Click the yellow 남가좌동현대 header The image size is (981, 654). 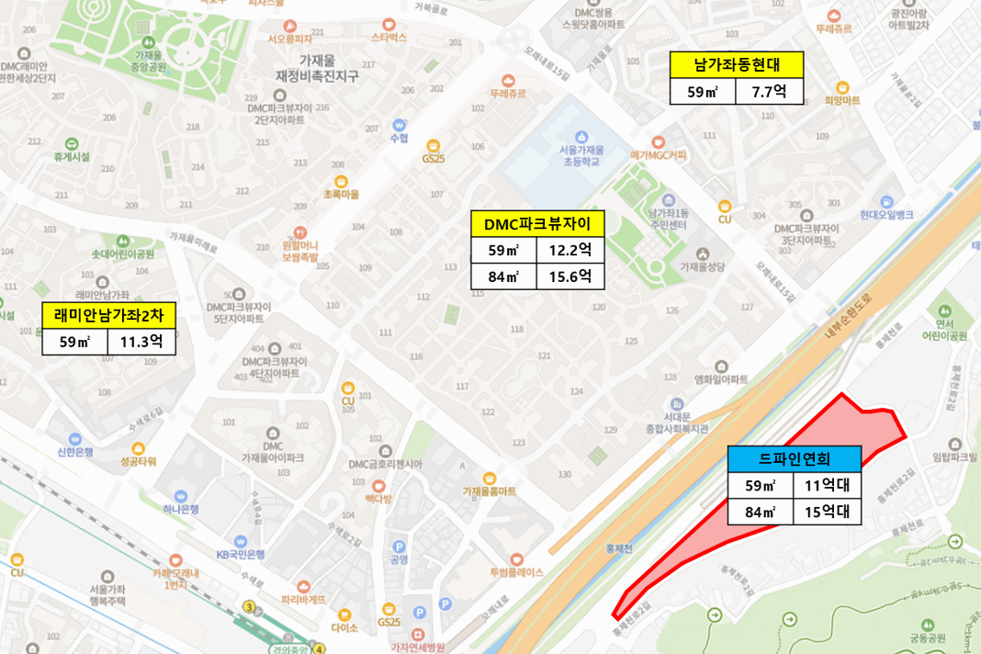(x=737, y=65)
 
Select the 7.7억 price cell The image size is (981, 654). (x=769, y=92)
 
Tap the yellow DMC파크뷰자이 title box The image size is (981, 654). (x=537, y=224)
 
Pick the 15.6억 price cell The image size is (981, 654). (x=570, y=276)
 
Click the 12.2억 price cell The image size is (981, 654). (x=570, y=251)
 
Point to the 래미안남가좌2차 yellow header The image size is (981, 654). (x=108, y=316)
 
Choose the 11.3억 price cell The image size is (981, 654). (x=141, y=343)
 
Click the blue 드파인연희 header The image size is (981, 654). (x=795, y=458)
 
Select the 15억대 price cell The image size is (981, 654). (x=827, y=512)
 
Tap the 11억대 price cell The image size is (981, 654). (x=827, y=486)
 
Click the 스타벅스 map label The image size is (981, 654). (x=389, y=39)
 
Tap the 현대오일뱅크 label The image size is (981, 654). (x=886, y=214)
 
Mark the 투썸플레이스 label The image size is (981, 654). (x=517, y=570)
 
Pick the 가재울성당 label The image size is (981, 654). (x=703, y=266)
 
